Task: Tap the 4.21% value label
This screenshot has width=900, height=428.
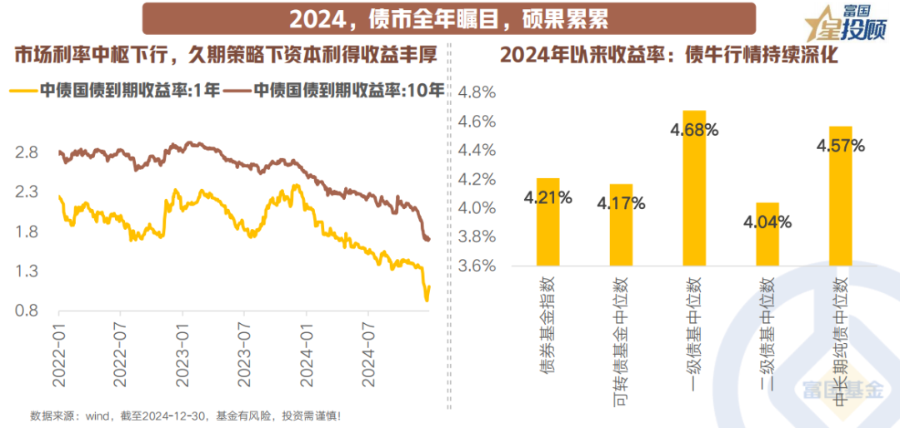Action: pyautogui.click(x=547, y=198)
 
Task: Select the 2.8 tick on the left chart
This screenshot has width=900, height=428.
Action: pyautogui.click(x=27, y=152)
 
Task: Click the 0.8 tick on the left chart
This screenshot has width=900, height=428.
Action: pyautogui.click(x=27, y=311)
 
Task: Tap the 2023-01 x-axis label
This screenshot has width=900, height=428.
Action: pyautogui.click(x=184, y=354)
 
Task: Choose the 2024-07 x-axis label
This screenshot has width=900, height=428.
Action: pyautogui.click(x=368, y=354)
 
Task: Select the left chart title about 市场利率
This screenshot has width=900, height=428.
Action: pyautogui.click(x=225, y=56)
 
